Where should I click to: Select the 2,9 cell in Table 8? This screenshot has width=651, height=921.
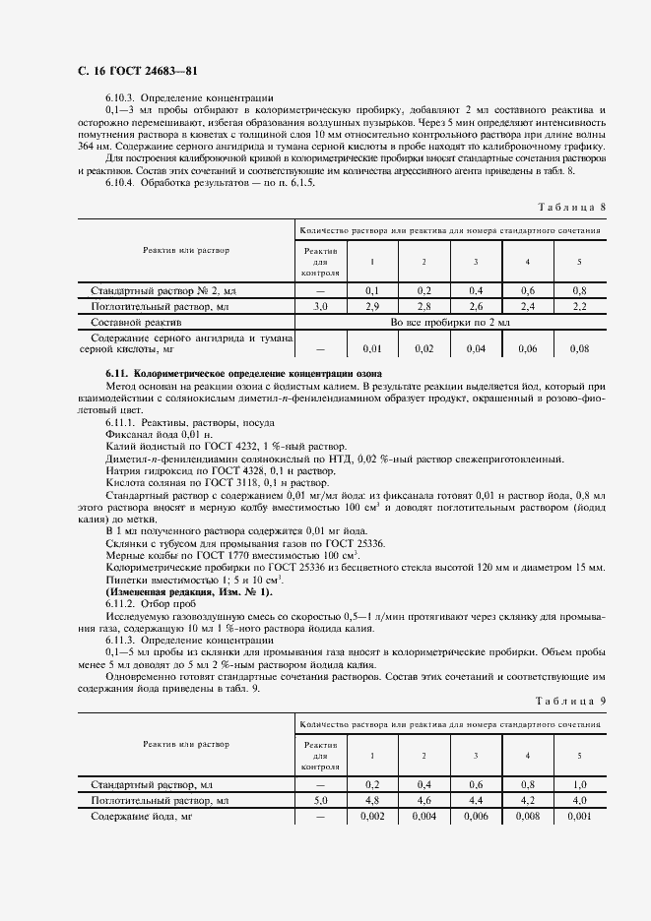pyautogui.click(x=372, y=307)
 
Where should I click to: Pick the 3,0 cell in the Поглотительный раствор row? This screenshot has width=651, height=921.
pyautogui.click(x=320, y=307)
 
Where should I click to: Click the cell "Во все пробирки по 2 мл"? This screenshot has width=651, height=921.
pyautogui.click(x=449, y=322)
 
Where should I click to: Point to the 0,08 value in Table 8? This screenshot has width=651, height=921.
pyautogui.click(x=579, y=348)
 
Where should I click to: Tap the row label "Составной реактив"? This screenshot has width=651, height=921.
pyautogui.click(x=136, y=322)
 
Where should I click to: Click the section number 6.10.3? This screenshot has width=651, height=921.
pyautogui.click(x=119, y=99)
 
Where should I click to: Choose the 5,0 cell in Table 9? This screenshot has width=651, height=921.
pyautogui.click(x=320, y=802)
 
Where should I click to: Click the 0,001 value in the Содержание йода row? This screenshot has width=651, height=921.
pyautogui.click(x=579, y=817)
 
